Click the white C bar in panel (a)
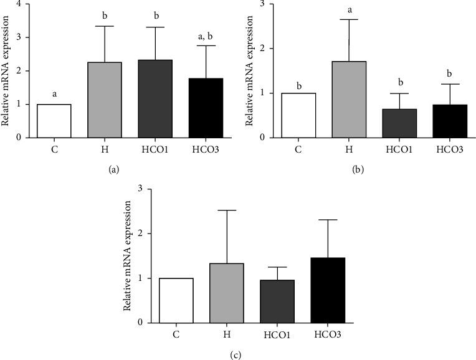(x=54, y=121)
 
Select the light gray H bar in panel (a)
(x=104, y=100)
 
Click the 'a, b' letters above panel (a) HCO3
(x=205, y=38)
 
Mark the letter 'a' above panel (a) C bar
(x=54, y=95)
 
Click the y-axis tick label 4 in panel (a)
(x=26, y=4)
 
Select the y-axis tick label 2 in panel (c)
(x=148, y=234)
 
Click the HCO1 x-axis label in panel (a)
(x=155, y=149)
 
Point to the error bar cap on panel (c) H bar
(x=226, y=211)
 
